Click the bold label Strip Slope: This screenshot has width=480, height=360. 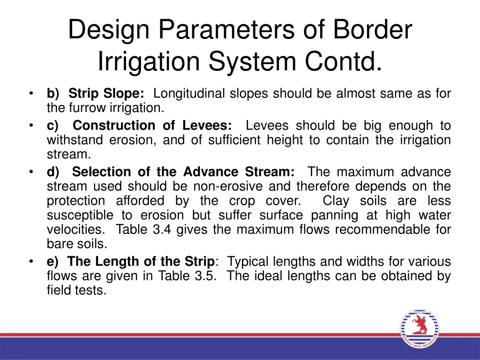106,94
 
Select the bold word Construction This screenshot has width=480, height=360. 114,126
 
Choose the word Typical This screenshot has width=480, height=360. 250,262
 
